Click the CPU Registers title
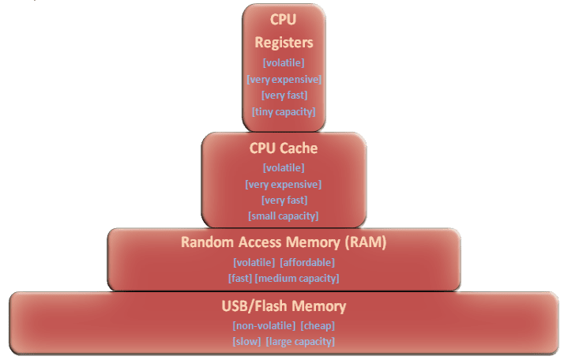click(x=284, y=31)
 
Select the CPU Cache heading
click(x=284, y=148)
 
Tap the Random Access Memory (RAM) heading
click(x=284, y=243)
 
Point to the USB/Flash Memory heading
click(x=284, y=306)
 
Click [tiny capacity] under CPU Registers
click(x=284, y=111)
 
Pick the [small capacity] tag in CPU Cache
click(x=284, y=216)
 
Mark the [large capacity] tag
click(x=300, y=341)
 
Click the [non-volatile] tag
click(x=264, y=325)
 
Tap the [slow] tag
click(x=246, y=341)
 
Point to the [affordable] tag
click(x=307, y=262)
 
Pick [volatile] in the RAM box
click(x=254, y=262)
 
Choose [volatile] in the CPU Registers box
click(x=284, y=62)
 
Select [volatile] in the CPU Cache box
click(x=284, y=167)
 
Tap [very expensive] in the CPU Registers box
click(x=284, y=79)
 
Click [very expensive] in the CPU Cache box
click(x=284, y=184)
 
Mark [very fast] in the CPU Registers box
click(x=284, y=96)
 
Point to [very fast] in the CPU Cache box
click(x=284, y=200)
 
